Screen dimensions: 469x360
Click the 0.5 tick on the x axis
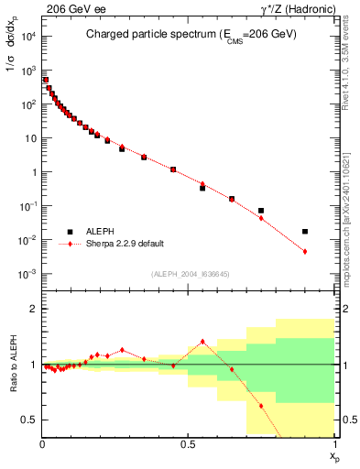pos(188,443)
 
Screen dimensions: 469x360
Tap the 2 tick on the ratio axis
pos(34,309)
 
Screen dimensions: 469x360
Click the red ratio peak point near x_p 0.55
pos(202,342)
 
